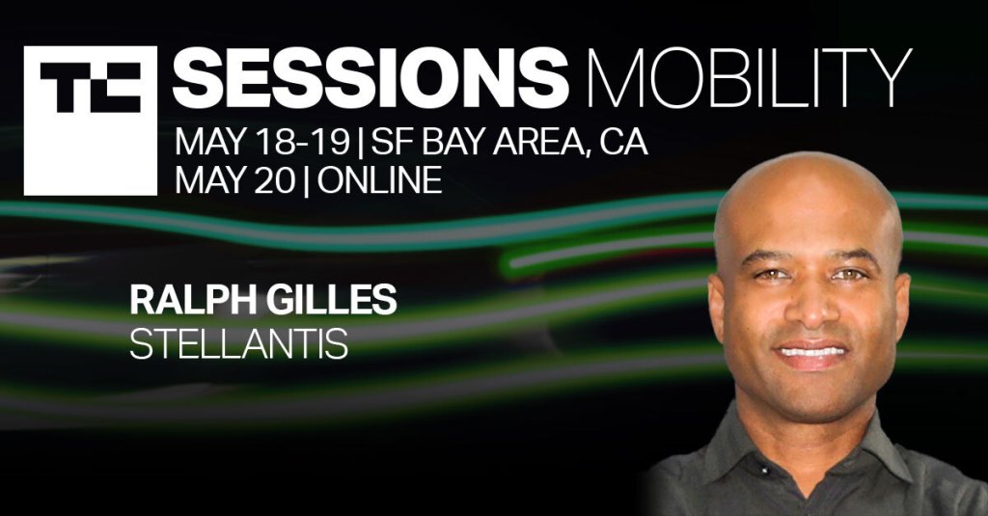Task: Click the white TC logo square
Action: [x=90, y=121]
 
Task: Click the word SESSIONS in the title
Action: [x=370, y=78]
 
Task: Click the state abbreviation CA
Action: [x=623, y=143]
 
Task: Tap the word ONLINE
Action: [x=379, y=180]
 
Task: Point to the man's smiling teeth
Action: [x=811, y=348]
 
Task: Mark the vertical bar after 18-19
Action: [x=360, y=144]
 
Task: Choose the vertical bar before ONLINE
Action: [x=306, y=180]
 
